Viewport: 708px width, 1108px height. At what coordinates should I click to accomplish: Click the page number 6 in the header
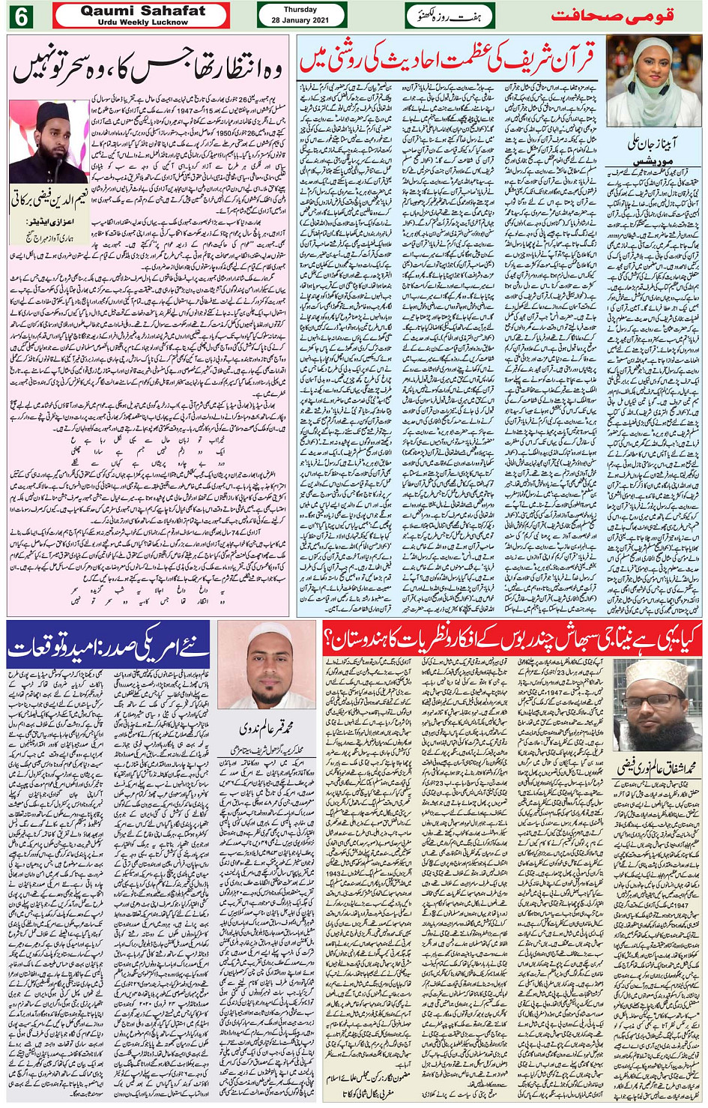21,16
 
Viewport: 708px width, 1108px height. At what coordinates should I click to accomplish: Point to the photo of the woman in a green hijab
653,80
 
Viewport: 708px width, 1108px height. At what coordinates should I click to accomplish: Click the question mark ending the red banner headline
330,639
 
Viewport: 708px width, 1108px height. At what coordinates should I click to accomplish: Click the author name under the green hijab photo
653,147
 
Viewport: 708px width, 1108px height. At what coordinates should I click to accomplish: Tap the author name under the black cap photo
50,200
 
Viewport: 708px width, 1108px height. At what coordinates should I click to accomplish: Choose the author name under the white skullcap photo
267,729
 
